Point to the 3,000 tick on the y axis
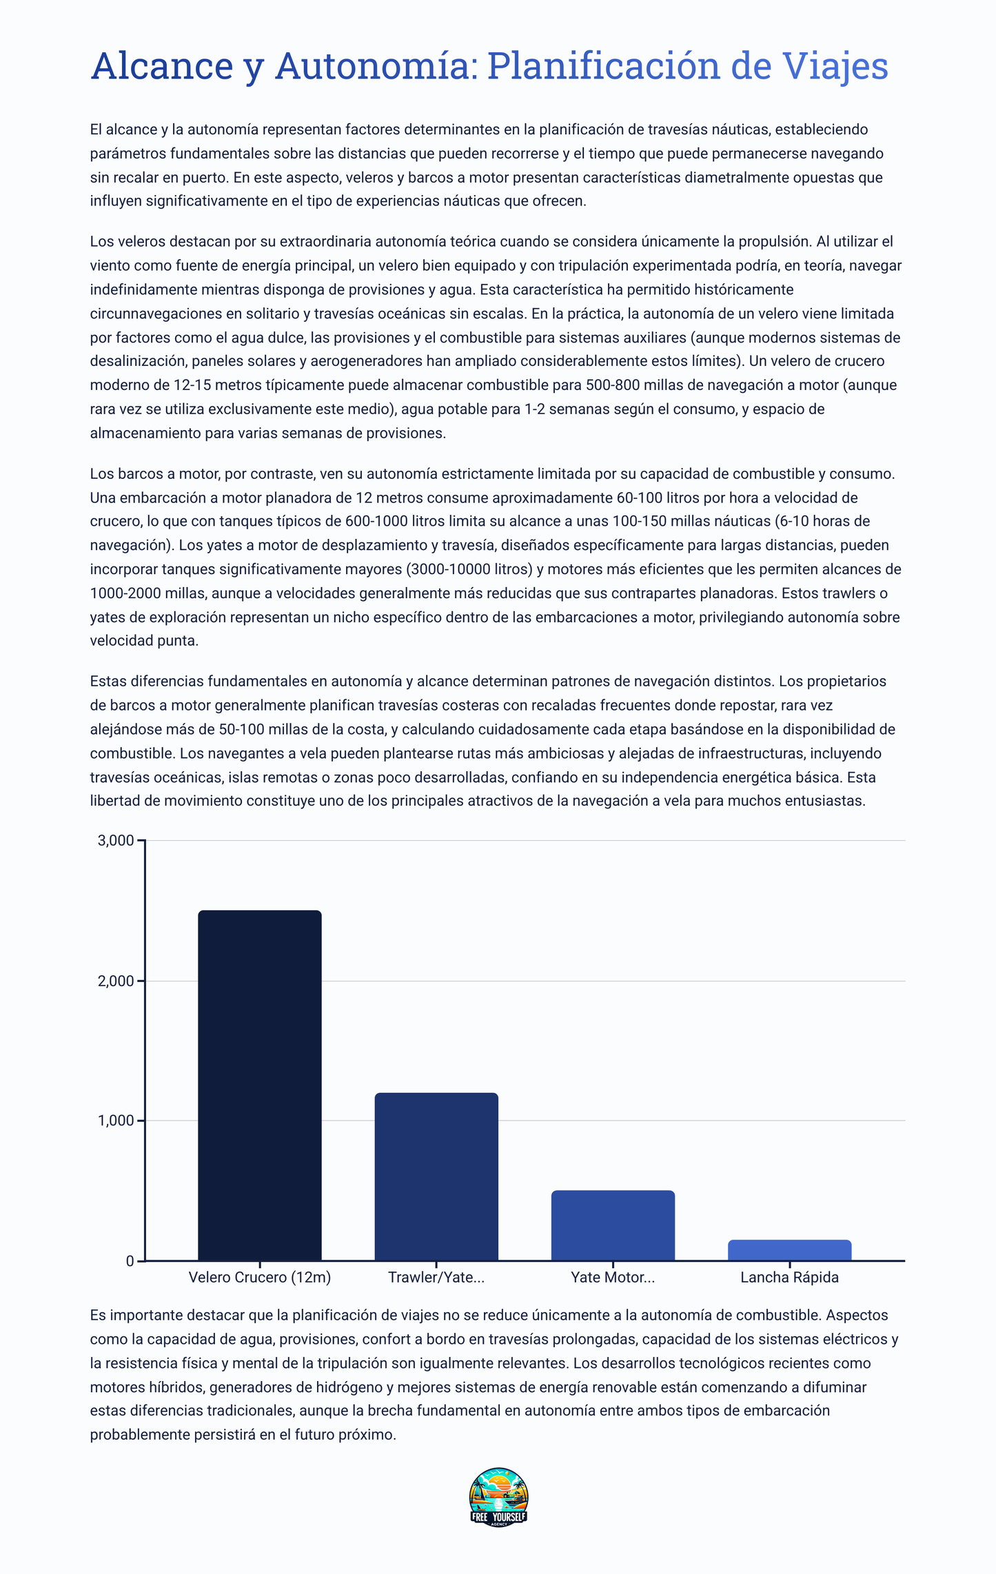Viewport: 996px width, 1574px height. [116, 840]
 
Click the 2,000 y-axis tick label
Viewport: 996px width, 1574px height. [116, 981]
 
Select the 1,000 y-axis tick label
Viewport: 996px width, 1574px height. [116, 1121]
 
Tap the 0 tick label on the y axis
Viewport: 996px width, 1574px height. [130, 1261]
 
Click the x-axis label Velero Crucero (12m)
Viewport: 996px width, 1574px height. [259, 1278]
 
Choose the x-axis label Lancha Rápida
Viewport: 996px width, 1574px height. [789, 1278]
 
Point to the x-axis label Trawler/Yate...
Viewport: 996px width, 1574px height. [436, 1278]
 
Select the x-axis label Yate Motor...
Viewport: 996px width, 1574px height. [613, 1278]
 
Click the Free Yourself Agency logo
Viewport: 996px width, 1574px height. [498, 1497]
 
